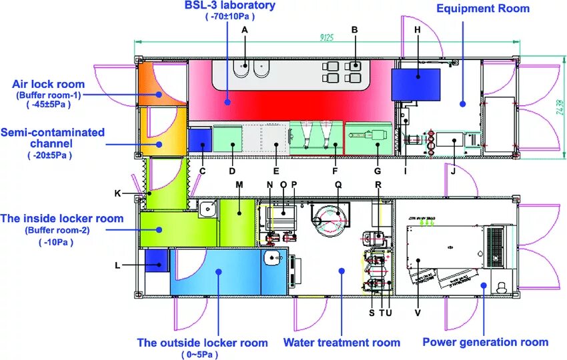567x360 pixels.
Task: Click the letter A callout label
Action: pyautogui.click(x=245, y=30)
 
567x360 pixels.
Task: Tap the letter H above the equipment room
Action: pyautogui.click(x=418, y=30)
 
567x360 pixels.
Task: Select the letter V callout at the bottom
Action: pyautogui.click(x=418, y=312)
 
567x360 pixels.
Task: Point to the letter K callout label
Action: pyautogui.click(x=117, y=193)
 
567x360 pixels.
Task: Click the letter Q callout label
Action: pyautogui.click(x=338, y=184)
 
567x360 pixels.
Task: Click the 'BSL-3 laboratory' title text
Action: pyautogui.click(x=230, y=6)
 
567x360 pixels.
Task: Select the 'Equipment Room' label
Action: pyautogui.click(x=483, y=9)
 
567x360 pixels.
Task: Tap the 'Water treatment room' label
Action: pyautogui.click(x=342, y=343)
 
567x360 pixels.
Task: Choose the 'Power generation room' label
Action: pyautogui.click(x=486, y=342)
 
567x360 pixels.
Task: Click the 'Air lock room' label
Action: pyautogui.click(x=48, y=84)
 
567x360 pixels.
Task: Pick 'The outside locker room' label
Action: pyautogui.click(x=202, y=343)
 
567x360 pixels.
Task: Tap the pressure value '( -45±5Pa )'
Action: pyautogui.click(x=48, y=104)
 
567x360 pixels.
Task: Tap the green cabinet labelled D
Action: pyautogui.click(x=227, y=137)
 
